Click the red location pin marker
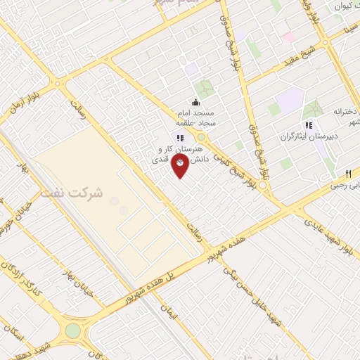click(181, 165)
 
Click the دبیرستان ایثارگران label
click(306, 136)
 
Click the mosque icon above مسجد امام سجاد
click(195, 103)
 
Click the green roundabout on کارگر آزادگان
click(72, 330)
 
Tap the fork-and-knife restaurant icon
click(348, 173)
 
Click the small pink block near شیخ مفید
click(288, 35)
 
